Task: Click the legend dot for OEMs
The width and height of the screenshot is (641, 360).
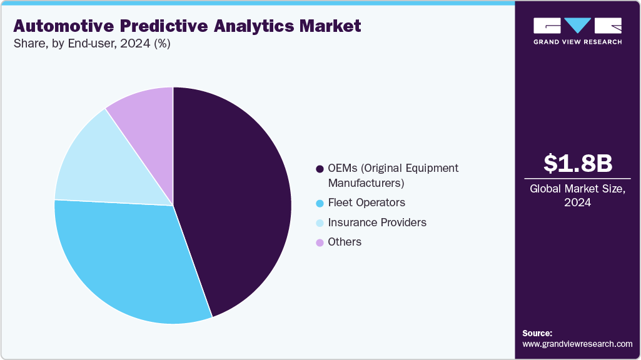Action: pyautogui.click(x=320, y=169)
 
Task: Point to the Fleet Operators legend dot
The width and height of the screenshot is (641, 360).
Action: pyautogui.click(x=320, y=203)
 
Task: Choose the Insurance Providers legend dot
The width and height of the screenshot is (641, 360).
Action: pyautogui.click(x=320, y=223)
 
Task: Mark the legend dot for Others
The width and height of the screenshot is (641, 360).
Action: pyautogui.click(x=320, y=242)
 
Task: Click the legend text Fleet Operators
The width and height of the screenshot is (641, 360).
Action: pyautogui.click(x=366, y=202)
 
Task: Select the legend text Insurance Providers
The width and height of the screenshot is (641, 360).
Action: pyautogui.click(x=377, y=222)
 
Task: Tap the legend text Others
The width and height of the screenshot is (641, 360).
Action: pyautogui.click(x=345, y=242)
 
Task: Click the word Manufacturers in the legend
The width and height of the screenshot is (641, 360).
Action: pyautogui.click(x=366, y=183)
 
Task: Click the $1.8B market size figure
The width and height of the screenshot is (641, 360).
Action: pyautogui.click(x=577, y=164)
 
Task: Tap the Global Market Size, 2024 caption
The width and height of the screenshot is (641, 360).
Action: pyautogui.click(x=577, y=196)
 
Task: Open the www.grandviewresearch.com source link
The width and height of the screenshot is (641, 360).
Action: pyautogui.click(x=577, y=344)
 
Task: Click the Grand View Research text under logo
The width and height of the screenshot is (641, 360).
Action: pyautogui.click(x=577, y=42)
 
